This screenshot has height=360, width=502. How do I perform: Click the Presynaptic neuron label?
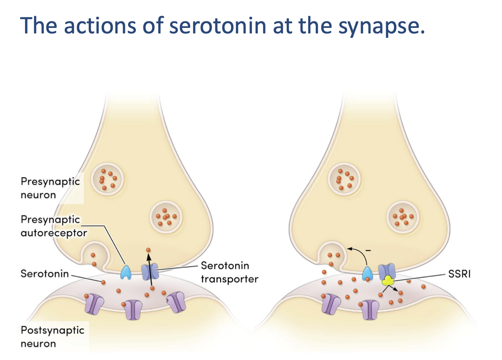50,188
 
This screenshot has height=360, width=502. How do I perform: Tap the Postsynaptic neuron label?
52,336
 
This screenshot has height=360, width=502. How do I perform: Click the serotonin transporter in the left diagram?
150,271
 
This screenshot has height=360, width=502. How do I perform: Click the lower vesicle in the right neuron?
403,217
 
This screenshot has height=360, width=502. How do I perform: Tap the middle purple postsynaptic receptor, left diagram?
134,310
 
